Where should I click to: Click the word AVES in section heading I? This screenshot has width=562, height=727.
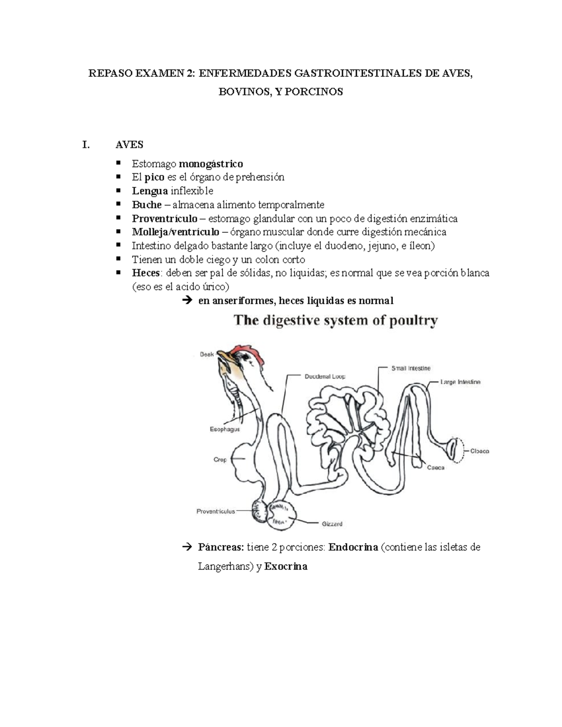[x=129, y=145]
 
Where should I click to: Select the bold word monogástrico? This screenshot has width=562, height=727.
[x=211, y=164]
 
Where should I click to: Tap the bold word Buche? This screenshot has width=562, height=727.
[x=147, y=205]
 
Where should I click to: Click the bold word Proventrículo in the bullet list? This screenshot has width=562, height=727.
[x=164, y=219]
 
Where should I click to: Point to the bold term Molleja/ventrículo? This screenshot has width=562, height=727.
[x=175, y=232]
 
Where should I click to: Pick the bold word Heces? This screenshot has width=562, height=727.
[x=146, y=273]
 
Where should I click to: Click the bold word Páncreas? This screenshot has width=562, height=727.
[x=221, y=547]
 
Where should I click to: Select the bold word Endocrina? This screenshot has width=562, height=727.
[x=353, y=547]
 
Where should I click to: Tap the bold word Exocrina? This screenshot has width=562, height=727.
[x=286, y=566]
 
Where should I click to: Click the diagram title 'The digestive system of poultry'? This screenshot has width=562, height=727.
[x=336, y=321]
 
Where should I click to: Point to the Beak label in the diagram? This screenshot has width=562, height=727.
[x=207, y=354]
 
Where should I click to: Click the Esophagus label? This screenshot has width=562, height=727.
[x=225, y=429]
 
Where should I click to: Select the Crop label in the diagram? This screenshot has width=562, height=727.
[x=220, y=460]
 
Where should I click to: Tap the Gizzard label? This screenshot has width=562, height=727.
[x=332, y=524]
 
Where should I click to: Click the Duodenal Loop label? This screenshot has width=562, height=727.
[x=325, y=376]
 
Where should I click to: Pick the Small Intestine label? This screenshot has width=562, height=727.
[x=411, y=368]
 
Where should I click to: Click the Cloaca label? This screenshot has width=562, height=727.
[x=480, y=451]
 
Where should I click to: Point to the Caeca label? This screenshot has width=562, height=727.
[x=436, y=468]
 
